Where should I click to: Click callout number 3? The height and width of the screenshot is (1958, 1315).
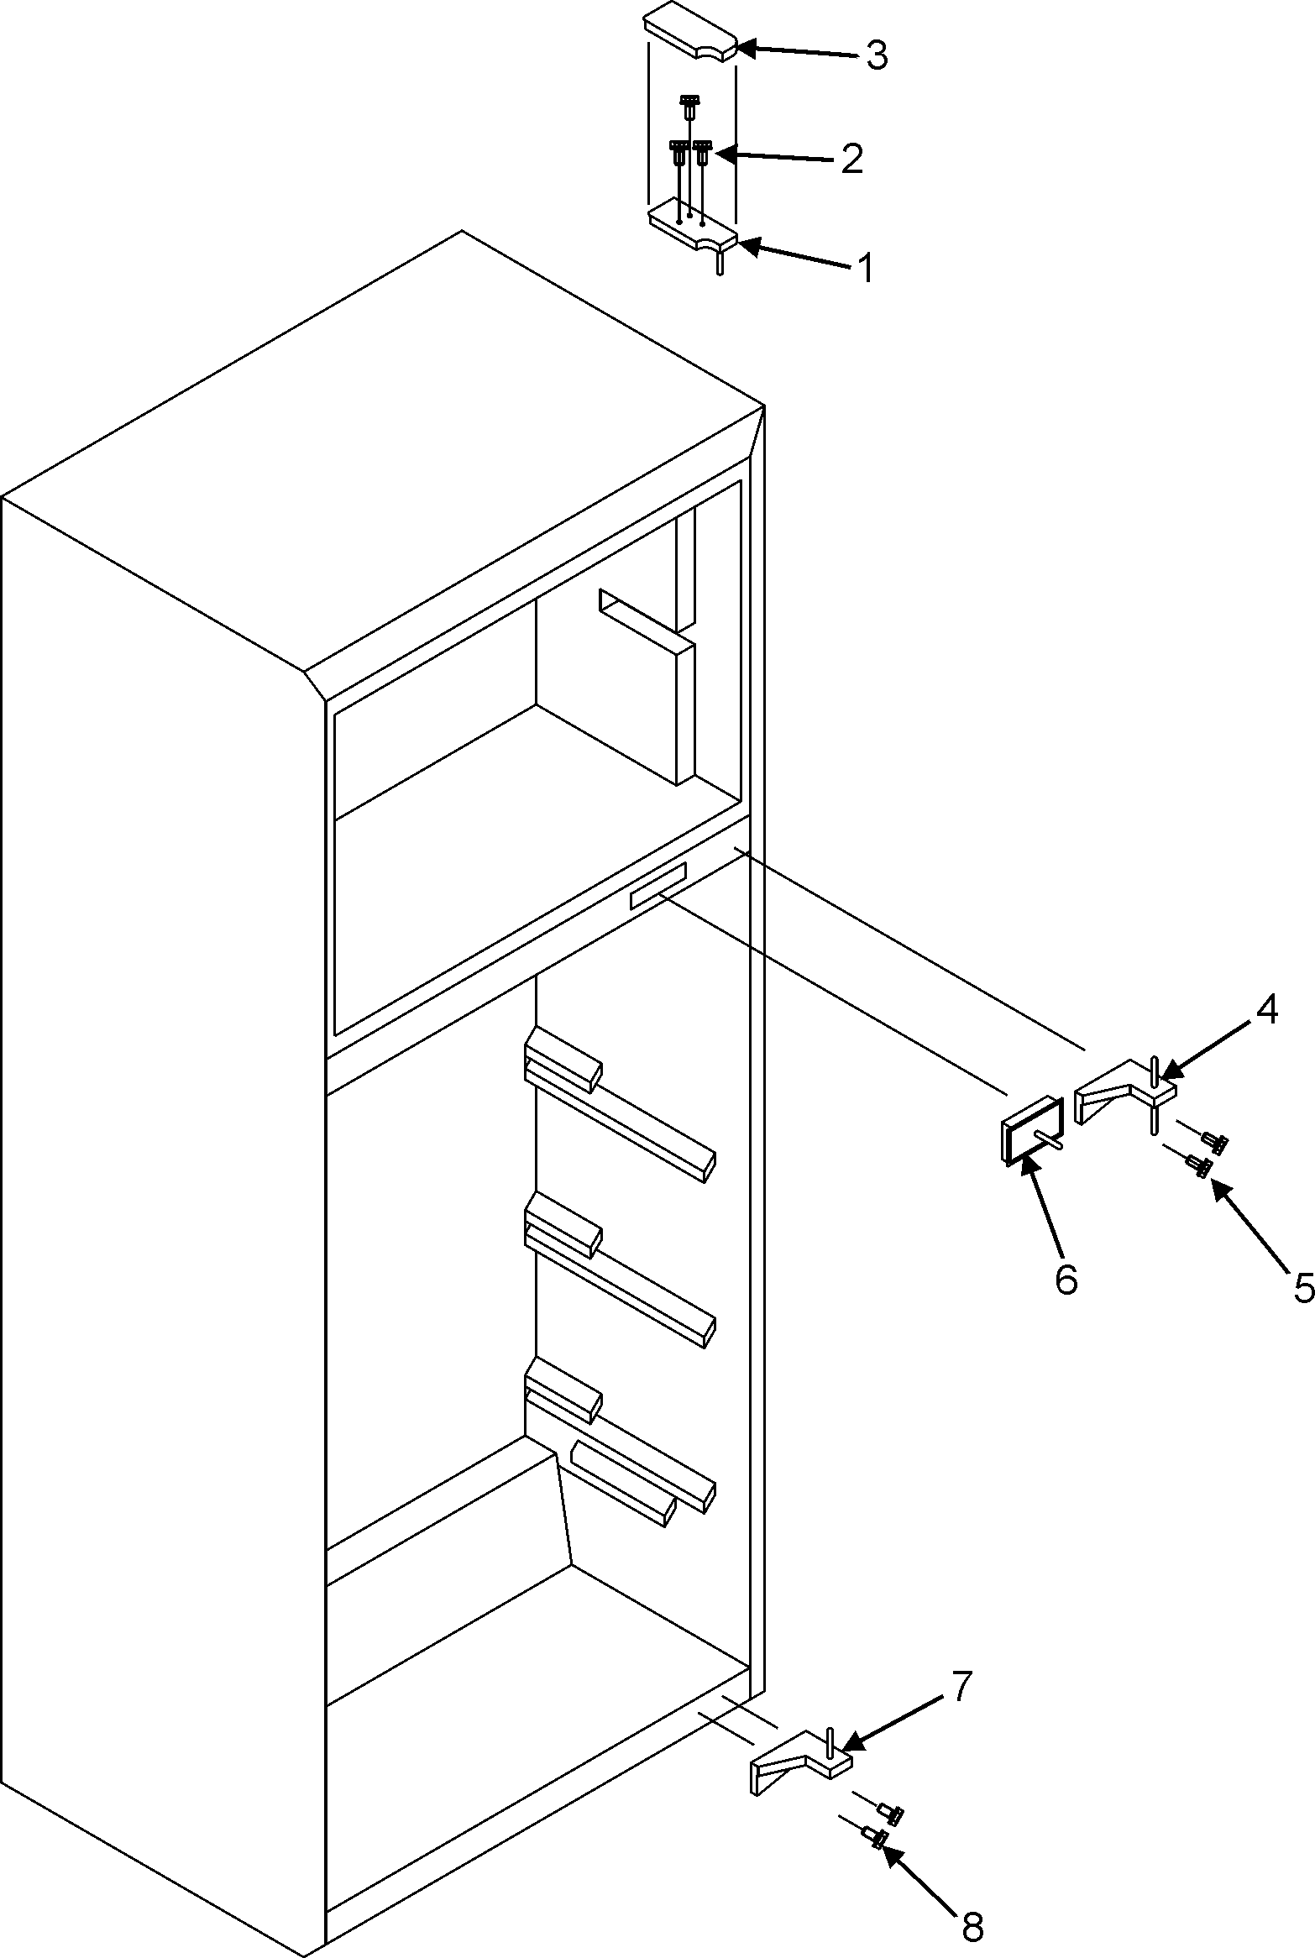[x=876, y=56]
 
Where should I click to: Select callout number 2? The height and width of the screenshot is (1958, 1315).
[x=851, y=159]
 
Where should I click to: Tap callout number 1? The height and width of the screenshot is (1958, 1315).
[x=864, y=268]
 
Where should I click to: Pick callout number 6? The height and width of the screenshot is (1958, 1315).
[x=1066, y=1280]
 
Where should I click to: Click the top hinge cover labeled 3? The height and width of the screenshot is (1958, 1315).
[x=689, y=35]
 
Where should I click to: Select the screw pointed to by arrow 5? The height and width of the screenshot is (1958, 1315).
[x=1199, y=1165]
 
